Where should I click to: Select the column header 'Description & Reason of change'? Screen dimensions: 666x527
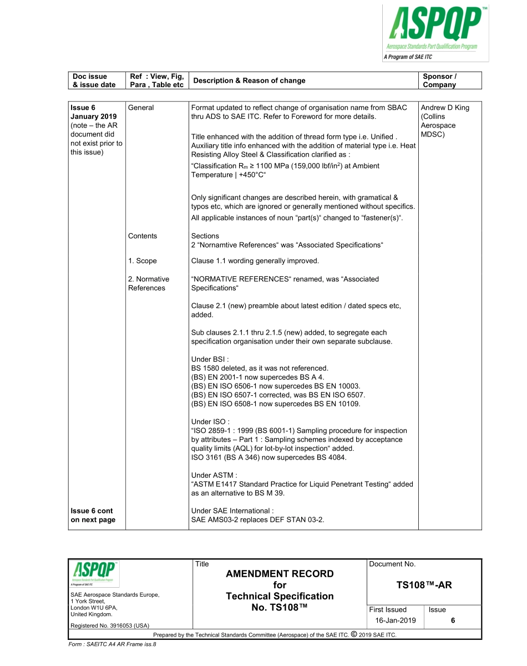pyautogui.click(x=248, y=80)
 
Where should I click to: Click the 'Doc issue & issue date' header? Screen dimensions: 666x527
pyautogui.click(x=94, y=80)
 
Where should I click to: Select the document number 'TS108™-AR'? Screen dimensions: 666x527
pyautogui.click(x=424, y=585)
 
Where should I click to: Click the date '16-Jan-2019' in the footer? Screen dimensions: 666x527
pyautogui.click(x=395, y=620)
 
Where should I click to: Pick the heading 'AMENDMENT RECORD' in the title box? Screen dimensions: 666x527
pyautogui.click(x=280, y=574)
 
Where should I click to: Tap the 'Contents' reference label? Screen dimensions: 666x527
pyautogui.click(x=143, y=236)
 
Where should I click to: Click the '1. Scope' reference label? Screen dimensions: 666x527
pyautogui.click(x=143, y=261)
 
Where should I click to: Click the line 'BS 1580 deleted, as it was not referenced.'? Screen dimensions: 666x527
pyautogui.click(x=260, y=368)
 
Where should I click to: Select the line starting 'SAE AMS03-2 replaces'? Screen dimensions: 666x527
pyautogui.click(x=257, y=519)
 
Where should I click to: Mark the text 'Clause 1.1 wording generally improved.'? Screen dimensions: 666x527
pyautogui.click(x=255, y=261)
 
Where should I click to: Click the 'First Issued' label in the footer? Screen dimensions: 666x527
pyautogui.click(x=388, y=609)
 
